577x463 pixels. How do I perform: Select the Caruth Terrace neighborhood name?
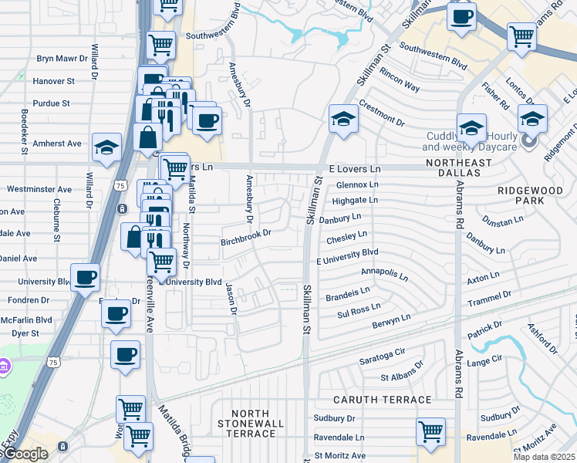tap(382, 400)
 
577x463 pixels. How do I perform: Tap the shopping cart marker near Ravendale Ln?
tap(430, 432)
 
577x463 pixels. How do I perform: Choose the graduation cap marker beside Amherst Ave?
tap(106, 147)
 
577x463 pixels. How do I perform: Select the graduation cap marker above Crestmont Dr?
tap(343, 119)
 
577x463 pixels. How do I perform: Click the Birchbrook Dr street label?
tap(247, 232)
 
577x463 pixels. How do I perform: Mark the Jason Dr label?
tap(230, 299)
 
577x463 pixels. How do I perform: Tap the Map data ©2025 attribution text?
tap(544, 456)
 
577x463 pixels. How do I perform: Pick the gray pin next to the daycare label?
tap(529, 141)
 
